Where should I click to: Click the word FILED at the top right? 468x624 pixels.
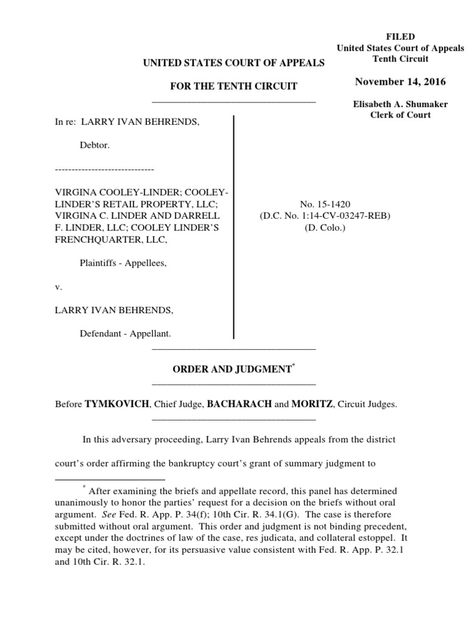(400, 37)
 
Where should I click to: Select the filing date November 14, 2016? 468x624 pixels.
(400, 82)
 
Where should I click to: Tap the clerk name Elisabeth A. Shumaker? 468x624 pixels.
(400, 104)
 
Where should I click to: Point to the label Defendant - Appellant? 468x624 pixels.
(126, 333)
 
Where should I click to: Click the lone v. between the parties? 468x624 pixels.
(58, 286)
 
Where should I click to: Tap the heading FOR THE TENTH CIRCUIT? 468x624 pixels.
(233, 87)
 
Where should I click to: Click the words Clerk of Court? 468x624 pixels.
(400, 115)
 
